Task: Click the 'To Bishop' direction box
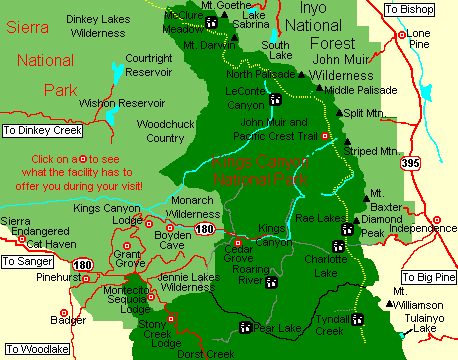tap(412, 9)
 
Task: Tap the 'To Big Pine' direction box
tap(428, 277)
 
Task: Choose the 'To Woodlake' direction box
tap(32, 350)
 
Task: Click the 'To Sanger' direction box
tap(27, 262)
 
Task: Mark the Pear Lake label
tap(277, 327)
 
